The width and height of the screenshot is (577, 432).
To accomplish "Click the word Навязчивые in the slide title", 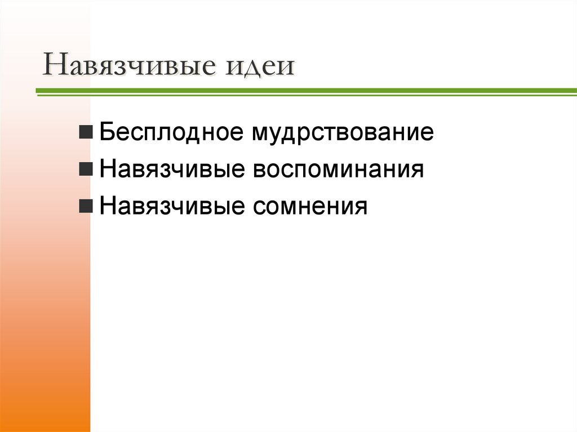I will pyautogui.click(x=132, y=66).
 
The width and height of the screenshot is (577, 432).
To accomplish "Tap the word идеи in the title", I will pyautogui.click(x=260, y=66).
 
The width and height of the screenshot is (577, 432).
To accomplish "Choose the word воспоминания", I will pyautogui.click(x=338, y=170).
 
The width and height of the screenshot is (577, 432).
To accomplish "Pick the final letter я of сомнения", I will pyautogui.click(x=361, y=207).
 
